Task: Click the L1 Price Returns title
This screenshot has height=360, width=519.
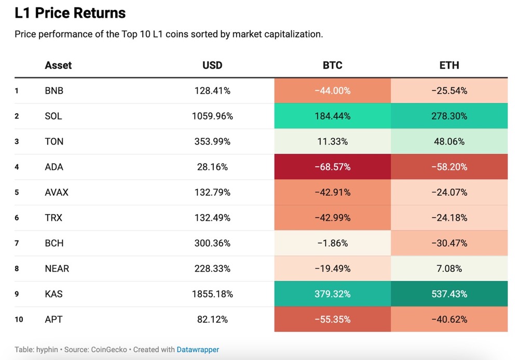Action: pos(70,13)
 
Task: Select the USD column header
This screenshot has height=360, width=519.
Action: pos(212,65)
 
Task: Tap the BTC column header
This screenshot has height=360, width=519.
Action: pos(332,65)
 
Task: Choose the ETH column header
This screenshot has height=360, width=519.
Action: pos(449,65)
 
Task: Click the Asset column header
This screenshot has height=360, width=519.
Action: pos(58,65)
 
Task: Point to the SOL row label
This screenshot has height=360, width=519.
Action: pos(53,116)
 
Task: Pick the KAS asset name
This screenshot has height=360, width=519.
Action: pos(54,294)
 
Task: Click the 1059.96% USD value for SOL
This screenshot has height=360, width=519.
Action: pos(212,116)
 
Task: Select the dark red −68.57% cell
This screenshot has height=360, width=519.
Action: pos(332,167)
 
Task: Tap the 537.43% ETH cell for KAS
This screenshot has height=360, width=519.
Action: pos(449,294)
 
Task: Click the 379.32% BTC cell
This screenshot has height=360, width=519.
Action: pos(332,294)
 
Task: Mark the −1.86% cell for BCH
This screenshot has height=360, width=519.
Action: pos(332,243)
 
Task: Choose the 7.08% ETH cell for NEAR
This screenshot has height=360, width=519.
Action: pos(449,269)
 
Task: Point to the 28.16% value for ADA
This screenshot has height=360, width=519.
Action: pos(212,167)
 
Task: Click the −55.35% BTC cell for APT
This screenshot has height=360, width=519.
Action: pos(332,319)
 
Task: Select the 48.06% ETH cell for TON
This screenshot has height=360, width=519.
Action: pos(449,141)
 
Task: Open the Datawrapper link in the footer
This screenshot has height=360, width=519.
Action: pos(198,350)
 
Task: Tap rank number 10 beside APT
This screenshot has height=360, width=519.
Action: pos(19,319)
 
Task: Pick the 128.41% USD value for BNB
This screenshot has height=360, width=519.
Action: pos(212,90)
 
